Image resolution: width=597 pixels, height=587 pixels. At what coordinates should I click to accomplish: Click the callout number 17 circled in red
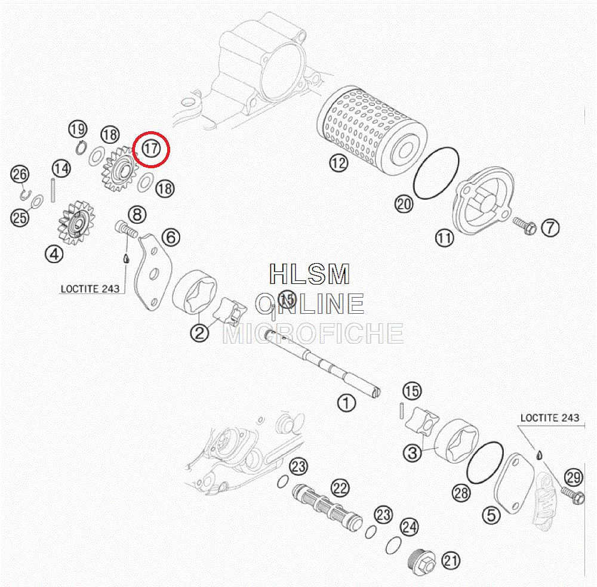point(151,148)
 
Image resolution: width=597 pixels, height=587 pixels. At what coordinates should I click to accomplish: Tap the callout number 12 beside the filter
point(338,163)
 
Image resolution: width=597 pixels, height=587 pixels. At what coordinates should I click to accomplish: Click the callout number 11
point(444,239)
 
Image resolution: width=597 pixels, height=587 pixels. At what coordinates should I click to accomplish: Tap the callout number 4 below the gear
point(54,254)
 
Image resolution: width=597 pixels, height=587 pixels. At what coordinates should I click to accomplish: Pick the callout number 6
point(171,237)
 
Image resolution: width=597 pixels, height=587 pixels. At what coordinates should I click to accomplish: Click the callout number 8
point(137,214)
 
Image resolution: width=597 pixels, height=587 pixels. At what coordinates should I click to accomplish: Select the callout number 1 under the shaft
point(346,403)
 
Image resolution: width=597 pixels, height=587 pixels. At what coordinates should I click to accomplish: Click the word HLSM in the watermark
point(309,274)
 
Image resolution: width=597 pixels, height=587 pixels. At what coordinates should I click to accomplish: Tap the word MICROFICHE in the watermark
point(313,334)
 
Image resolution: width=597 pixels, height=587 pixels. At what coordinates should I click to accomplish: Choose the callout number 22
point(340,489)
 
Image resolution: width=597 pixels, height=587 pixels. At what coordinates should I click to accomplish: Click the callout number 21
point(451,560)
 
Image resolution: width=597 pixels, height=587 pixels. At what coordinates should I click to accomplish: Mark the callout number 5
point(491,515)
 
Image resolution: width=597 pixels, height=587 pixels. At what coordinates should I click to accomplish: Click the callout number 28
point(461,493)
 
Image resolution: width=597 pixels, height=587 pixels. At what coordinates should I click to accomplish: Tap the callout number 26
point(20,175)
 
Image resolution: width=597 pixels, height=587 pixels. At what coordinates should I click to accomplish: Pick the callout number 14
point(60,168)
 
